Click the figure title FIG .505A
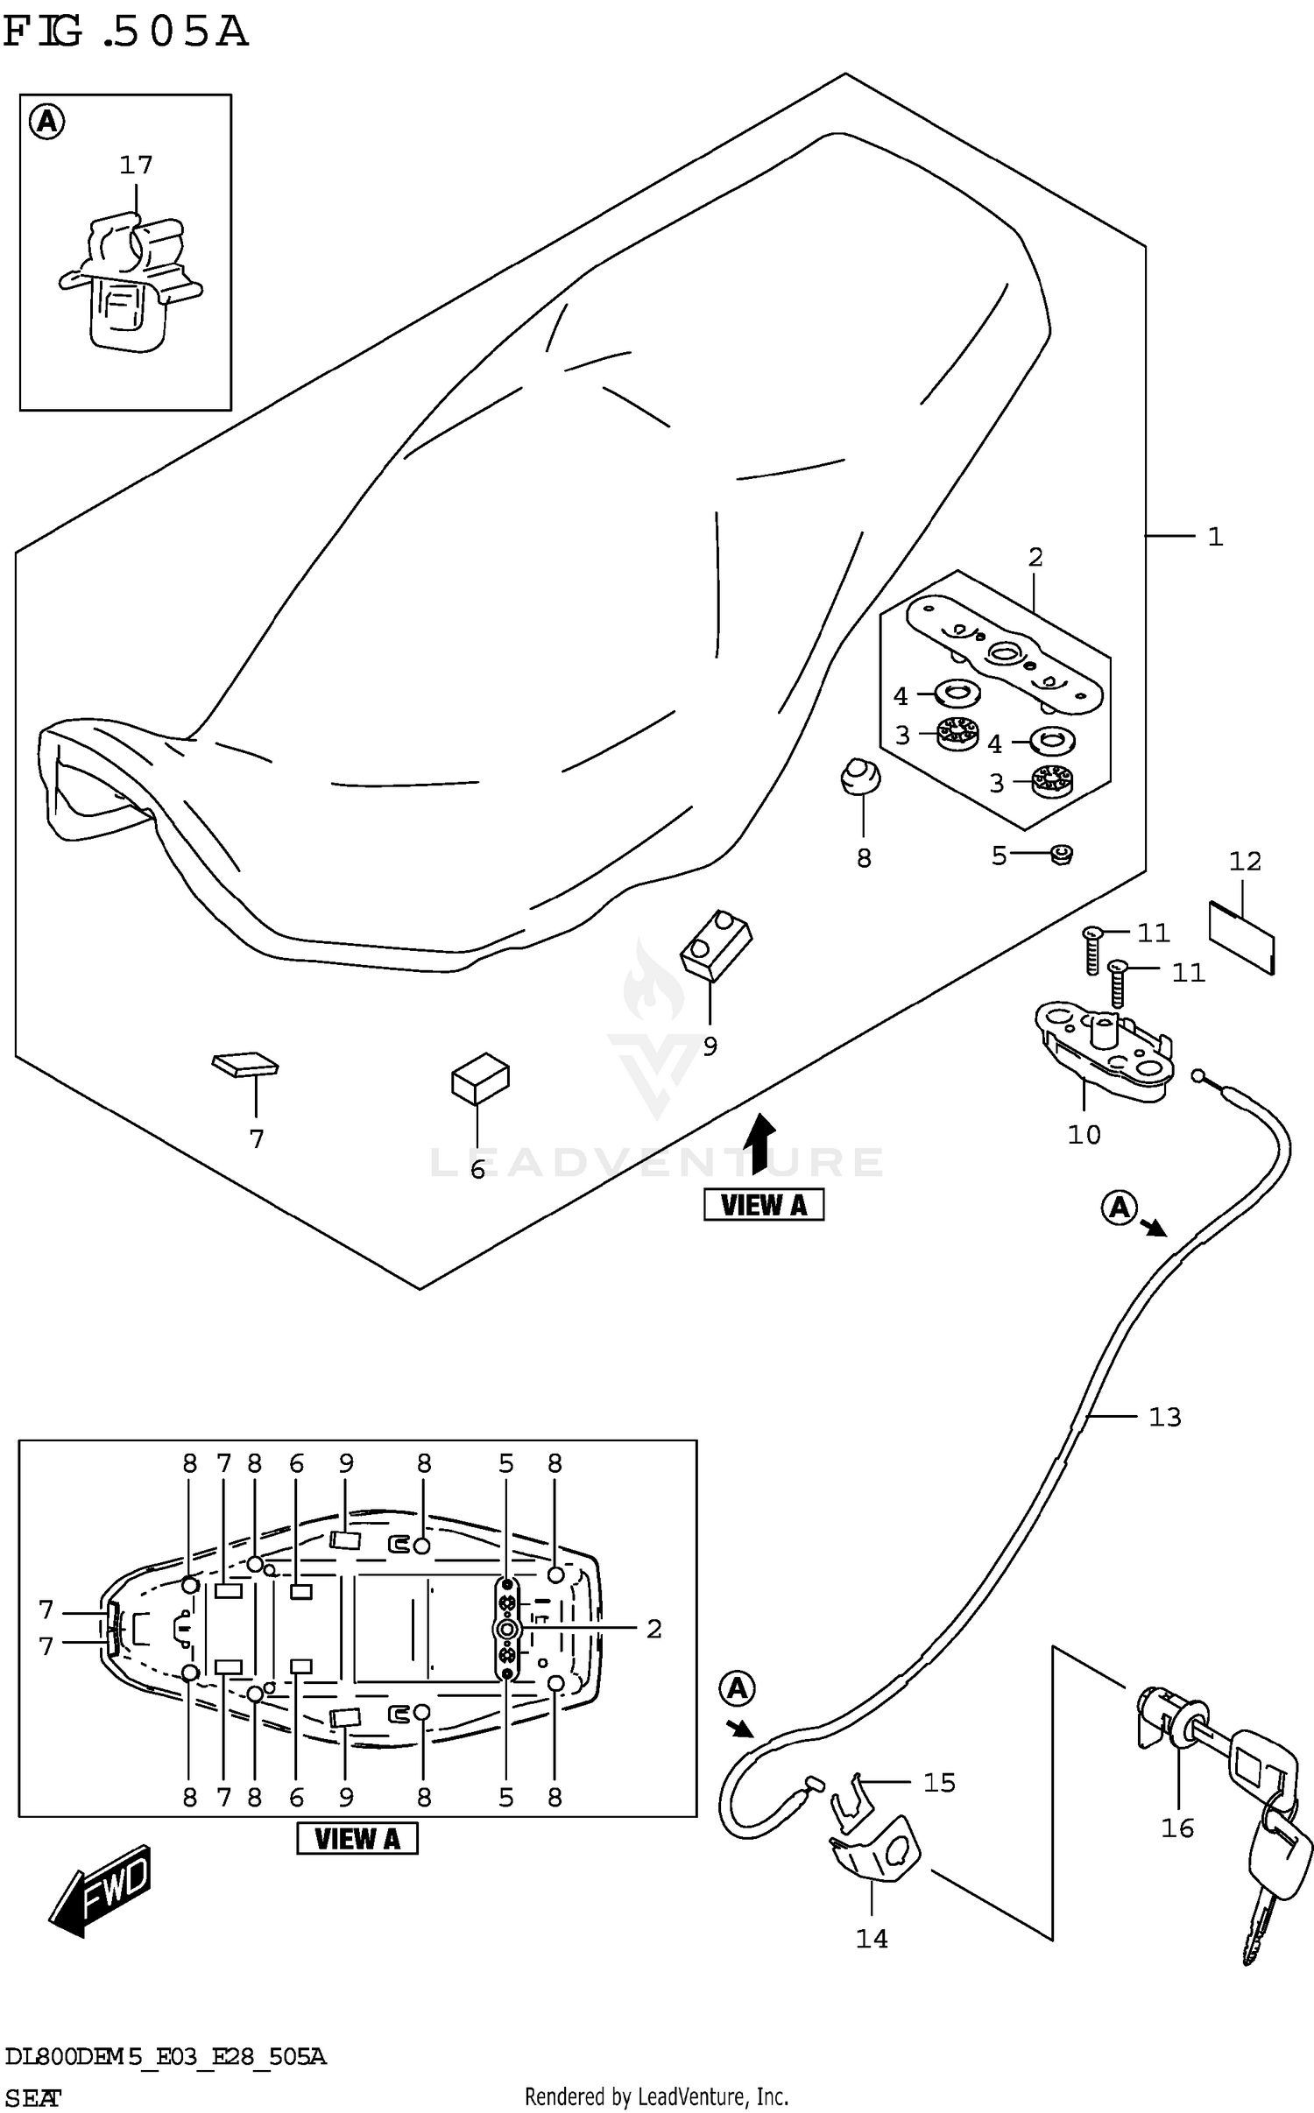(x=125, y=32)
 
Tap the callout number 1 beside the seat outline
(x=1214, y=537)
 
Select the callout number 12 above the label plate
(x=1244, y=862)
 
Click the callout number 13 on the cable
(x=1164, y=1417)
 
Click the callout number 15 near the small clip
(x=938, y=1783)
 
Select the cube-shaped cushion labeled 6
(x=480, y=1082)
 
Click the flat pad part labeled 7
(x=245, y=1064)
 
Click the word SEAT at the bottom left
(x=32, y=2099)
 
